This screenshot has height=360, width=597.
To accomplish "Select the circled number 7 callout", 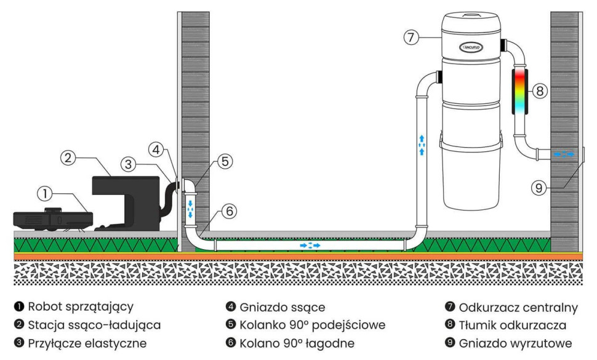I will pos(411,37).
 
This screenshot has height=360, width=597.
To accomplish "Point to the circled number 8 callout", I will pos(539,91).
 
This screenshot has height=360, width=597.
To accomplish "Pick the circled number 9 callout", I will pos(539,188).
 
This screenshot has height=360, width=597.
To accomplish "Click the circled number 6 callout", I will pos(228,210).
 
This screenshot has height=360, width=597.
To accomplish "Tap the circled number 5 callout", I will pos(225,161).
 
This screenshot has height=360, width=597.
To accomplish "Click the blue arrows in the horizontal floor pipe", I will pos(310,245).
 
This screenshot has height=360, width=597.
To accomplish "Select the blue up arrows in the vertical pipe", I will pos(422,143).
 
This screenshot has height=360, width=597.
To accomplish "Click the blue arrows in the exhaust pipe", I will pos(563,154).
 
